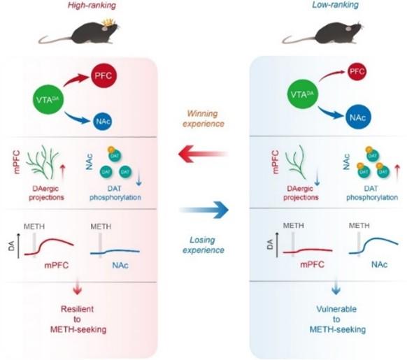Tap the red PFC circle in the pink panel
(x=103, y=75)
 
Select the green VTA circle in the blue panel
(x=302, y=94)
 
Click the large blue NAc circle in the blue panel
(x=358, y=117)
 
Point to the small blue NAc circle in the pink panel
(x=103, y=121)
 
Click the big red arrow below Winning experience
(x=203, y=154)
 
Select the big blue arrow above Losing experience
(x=204, y=210)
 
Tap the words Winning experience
(x=203, y=119)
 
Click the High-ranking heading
(x=92, y=6)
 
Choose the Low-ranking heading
(x=336, y=5)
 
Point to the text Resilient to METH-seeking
(x=78, y=319)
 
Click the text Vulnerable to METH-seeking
(x=337, y=319)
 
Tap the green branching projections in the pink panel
(x=43, y=162)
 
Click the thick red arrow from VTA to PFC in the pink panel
(x=76, y=79)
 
